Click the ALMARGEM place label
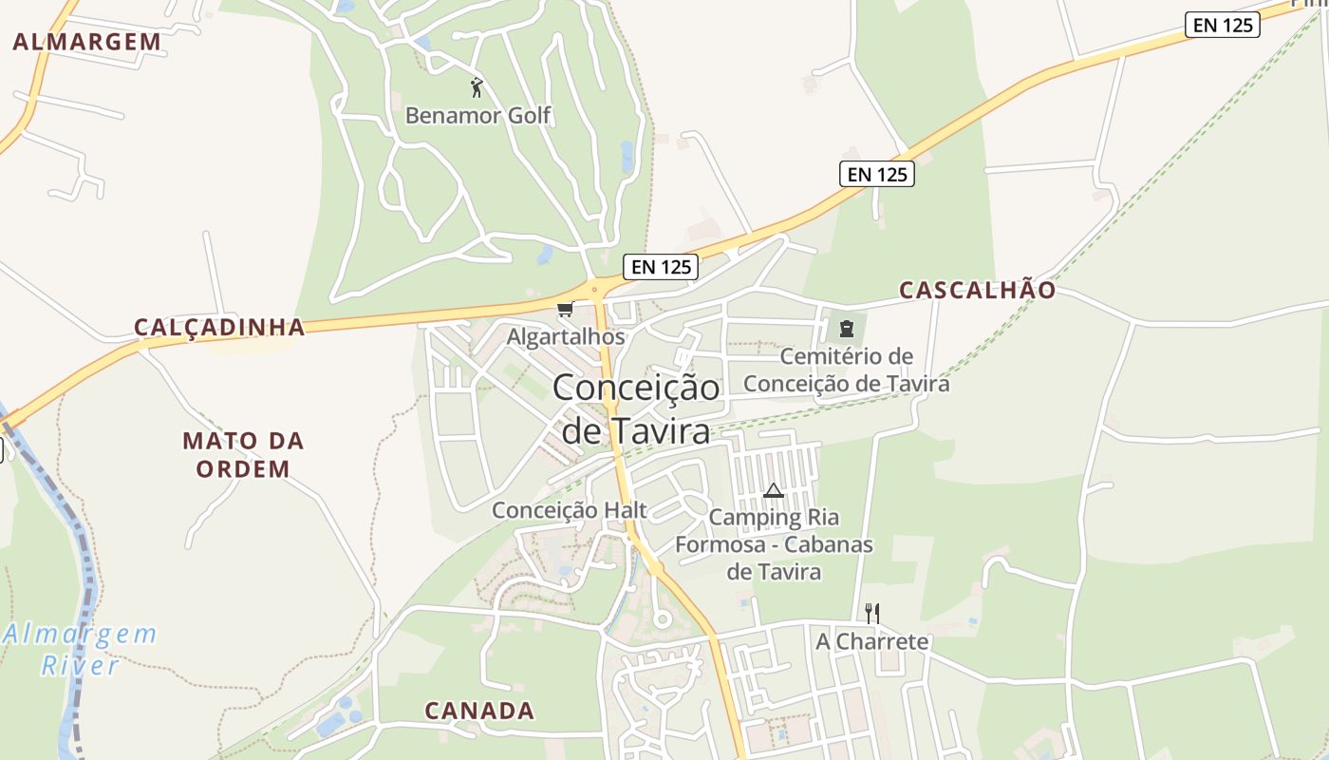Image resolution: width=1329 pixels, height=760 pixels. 87,41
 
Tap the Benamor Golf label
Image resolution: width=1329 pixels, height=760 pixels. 477,116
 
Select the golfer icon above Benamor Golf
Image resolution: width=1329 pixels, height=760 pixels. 477,88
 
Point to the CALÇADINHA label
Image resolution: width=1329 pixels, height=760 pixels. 219,328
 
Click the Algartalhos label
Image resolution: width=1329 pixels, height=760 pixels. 566,336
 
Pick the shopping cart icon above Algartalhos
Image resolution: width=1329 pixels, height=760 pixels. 566,309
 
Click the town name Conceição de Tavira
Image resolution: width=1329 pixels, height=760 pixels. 636,408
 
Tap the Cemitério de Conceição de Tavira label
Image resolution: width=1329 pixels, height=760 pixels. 846,370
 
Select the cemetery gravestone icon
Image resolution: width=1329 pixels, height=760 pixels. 846,330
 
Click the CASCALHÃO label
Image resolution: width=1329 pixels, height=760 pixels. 977,291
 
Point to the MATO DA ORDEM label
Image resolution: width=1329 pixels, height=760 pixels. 243,455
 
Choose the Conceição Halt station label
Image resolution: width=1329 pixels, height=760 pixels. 570,510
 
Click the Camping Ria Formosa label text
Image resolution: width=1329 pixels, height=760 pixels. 774,544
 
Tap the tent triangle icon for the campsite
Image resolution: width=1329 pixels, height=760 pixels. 773,491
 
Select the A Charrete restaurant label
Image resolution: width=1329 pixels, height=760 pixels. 872,641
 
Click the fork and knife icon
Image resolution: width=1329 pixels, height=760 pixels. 872,613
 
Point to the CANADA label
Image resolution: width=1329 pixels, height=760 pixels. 479,711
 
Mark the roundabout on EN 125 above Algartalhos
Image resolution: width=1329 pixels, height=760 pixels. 595,288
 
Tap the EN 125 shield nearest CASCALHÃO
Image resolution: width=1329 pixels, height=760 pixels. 876,174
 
